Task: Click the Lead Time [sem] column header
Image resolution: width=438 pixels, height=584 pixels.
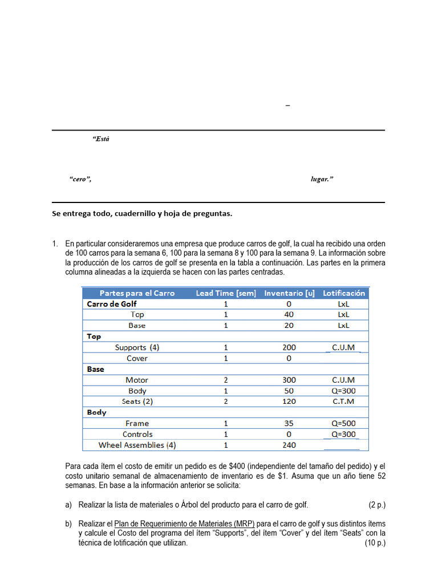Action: tap(226, 293)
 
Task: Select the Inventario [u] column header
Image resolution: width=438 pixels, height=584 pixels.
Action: tap(289, 293)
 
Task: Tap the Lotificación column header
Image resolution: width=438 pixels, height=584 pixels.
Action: tap(343, 293)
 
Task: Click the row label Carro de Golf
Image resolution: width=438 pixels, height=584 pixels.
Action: tap(112, 304)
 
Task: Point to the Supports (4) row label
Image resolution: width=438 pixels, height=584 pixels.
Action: tap(137, 347)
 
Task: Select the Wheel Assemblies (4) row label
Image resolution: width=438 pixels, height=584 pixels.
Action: tap(137, 445)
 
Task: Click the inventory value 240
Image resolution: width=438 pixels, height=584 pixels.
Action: tap(289, 445)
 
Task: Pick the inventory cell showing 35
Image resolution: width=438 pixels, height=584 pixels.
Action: tap(289, 423)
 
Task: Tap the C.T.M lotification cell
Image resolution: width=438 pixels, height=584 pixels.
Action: tap(343, 401)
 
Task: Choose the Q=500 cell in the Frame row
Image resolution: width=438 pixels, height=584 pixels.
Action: tap(343, 423)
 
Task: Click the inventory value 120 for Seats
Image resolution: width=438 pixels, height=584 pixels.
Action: tap(289, 401)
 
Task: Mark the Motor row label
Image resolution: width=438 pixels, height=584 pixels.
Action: tap(137, 380)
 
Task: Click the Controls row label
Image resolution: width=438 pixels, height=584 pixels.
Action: tap(137, 434)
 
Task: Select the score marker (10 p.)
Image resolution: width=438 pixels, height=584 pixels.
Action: tap(375, 543)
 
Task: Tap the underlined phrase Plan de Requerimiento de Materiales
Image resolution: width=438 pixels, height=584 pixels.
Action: tap(184, 524)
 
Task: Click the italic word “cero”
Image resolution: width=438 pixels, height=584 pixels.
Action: tap(80, 179)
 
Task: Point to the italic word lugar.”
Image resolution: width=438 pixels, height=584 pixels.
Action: tap(322, 179)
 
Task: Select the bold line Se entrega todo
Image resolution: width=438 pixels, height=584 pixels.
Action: tap(142, 214)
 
